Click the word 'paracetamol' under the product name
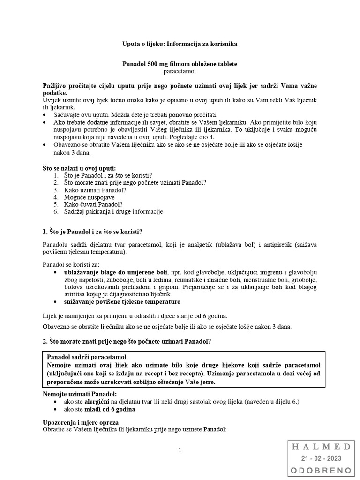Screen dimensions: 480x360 (x=180, y=72)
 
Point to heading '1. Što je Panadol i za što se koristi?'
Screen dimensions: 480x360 (x=92, y=232)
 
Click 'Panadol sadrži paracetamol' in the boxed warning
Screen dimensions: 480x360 (x=87, y=357)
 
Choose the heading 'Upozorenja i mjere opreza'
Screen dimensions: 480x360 (x=78, y=422)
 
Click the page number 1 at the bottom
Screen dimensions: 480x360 (x=180, y=450)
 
